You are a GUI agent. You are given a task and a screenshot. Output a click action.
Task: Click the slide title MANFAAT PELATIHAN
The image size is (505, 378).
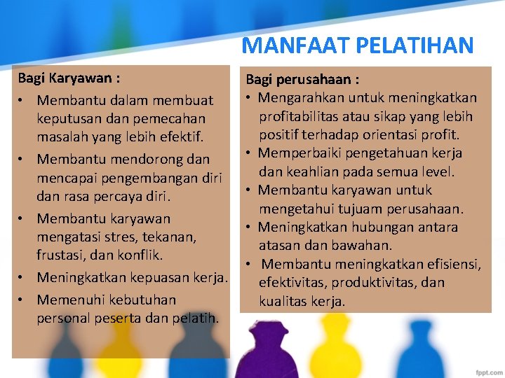pyautogui.click(x=358, y=45)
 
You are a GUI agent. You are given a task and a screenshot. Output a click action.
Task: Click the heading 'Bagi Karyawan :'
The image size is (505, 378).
pyautogui.click(x=68, y=77)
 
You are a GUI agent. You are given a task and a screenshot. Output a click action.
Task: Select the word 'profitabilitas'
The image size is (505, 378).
pyautogui.click(x=303, y=116)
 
